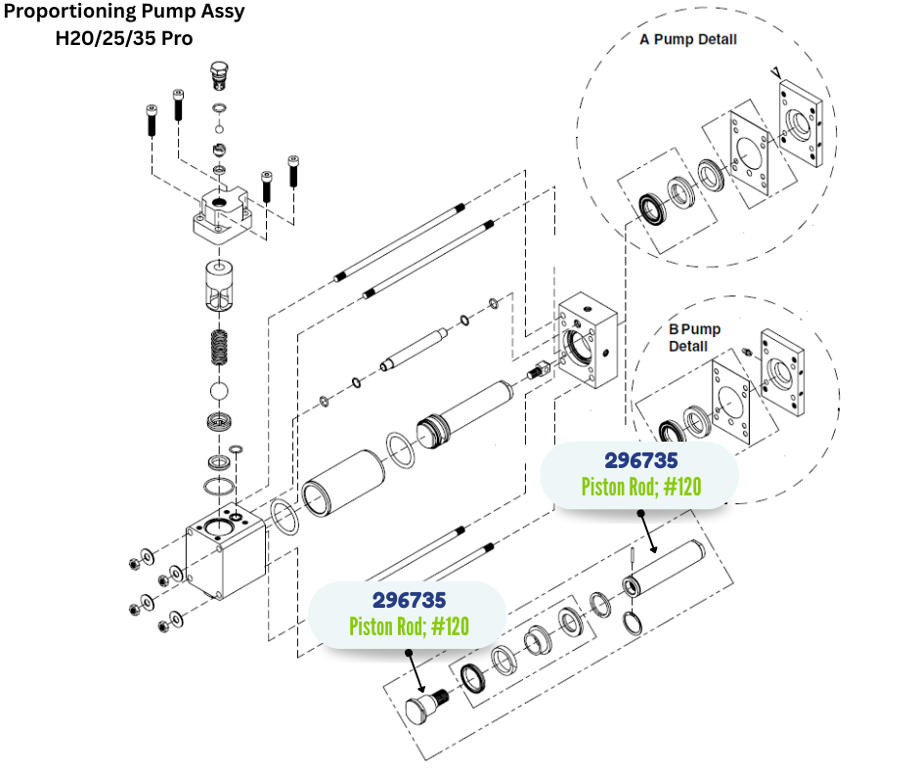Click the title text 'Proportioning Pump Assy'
[x=124, y=14]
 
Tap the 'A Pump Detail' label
[x=687, y=40]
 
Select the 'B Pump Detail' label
[x=694, y=337]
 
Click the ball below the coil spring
[x=221, y=391]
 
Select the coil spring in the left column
[x=221, y=347]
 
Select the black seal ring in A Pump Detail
[x=650, y=208]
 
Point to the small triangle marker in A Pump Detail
[x=775, y=72]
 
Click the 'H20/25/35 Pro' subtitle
[x=123, y=39]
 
